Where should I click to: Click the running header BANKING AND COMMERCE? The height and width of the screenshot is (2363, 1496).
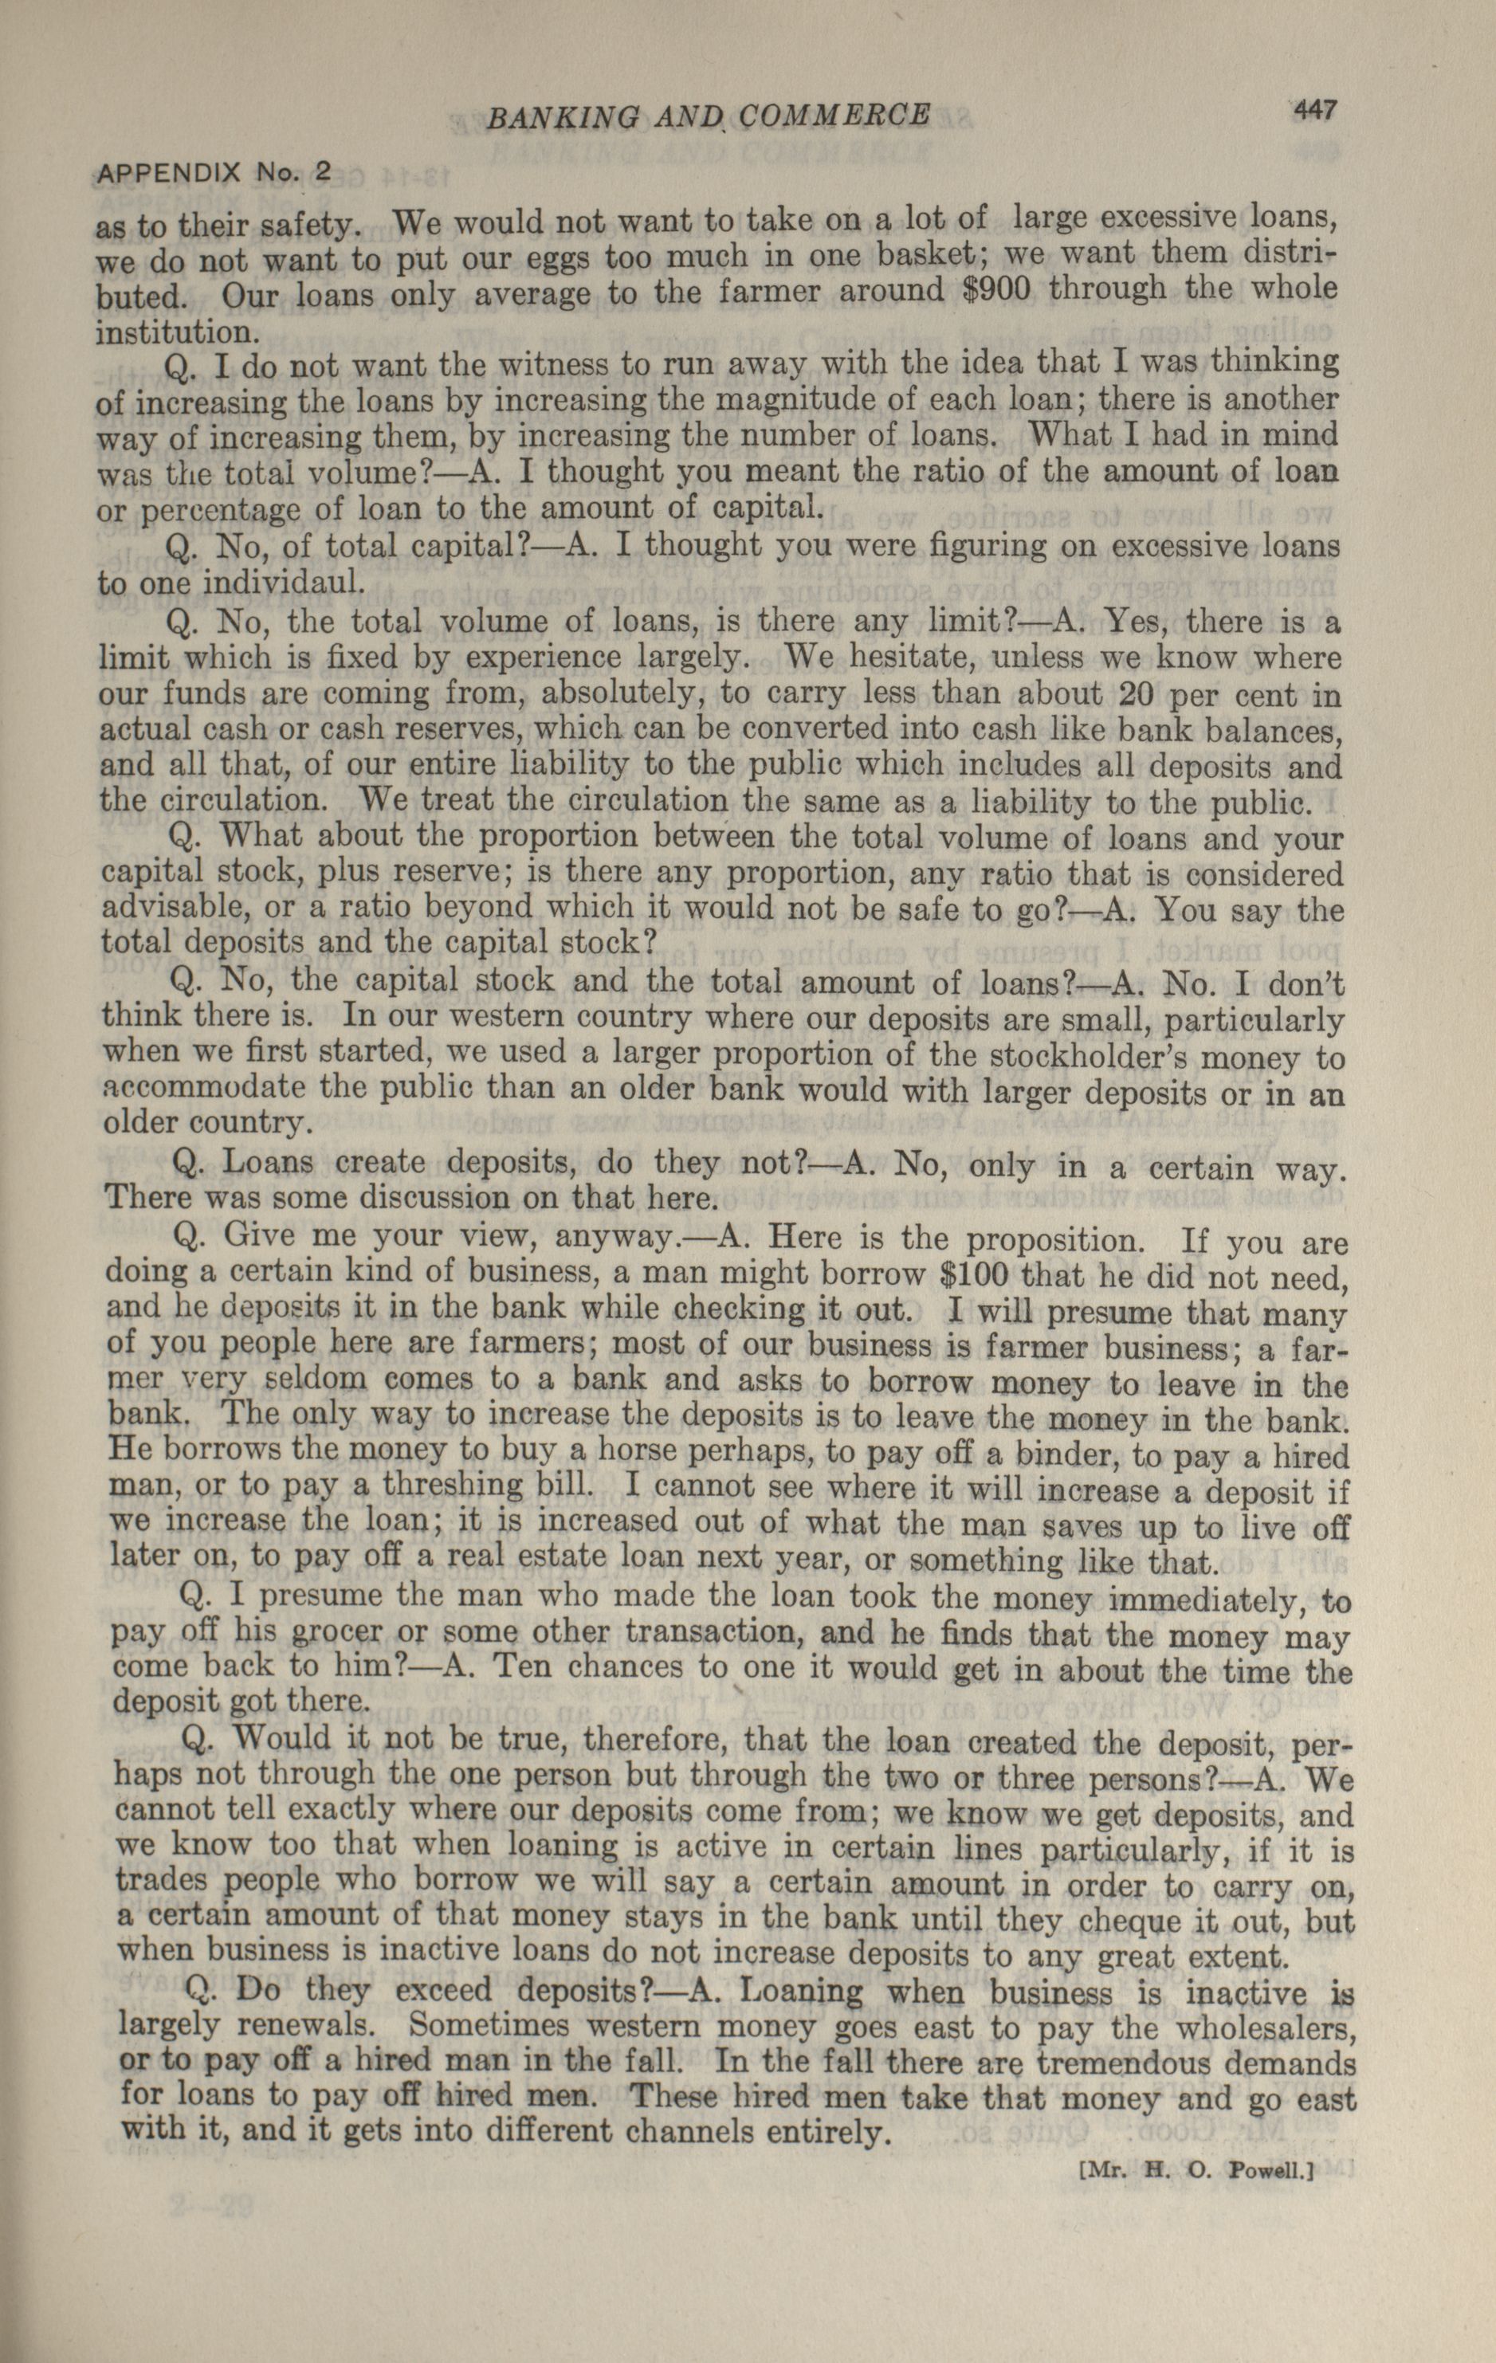click(x=707, y=118)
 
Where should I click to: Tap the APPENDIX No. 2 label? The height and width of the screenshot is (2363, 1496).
click(x=214, y=173)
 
